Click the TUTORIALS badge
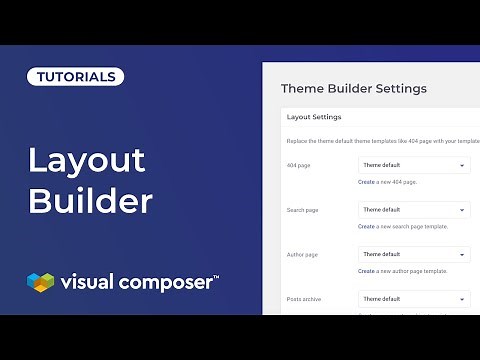[75, 76]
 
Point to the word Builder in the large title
[90, 200]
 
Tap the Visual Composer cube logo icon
[40, 283]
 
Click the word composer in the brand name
[165, 283]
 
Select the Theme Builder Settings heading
[354, 88]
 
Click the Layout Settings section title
[314, 117]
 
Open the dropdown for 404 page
[414, 165]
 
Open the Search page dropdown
[414, 210]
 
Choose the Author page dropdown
[414, 254]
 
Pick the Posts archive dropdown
[414, 299]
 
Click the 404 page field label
[298, 165]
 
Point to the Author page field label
[301, 254]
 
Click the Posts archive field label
[304, 299]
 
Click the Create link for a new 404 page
[366, 182]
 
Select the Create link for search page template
[366, 227]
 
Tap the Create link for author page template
[366, 271]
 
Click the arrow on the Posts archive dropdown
[462, 299]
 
